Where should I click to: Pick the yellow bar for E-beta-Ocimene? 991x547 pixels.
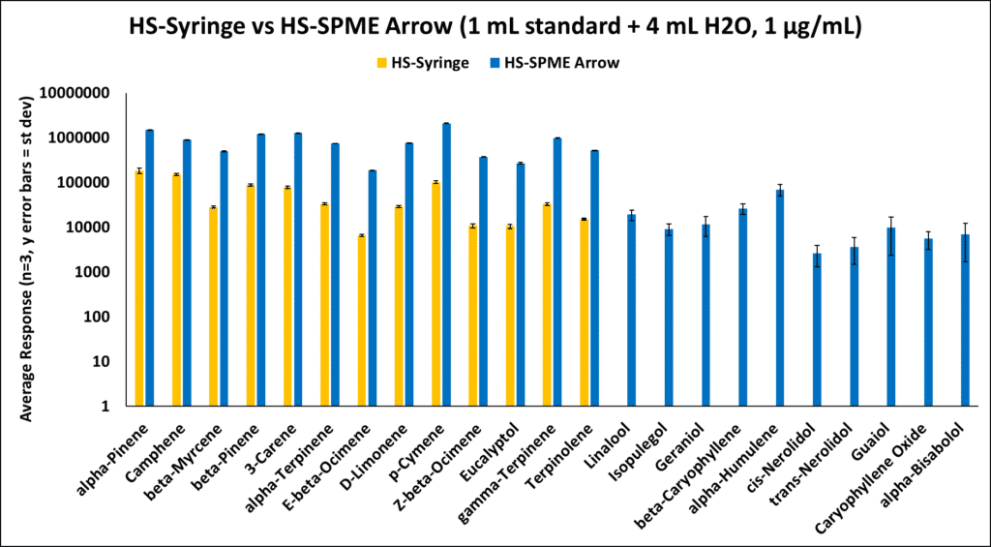click(x=361, y=320)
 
